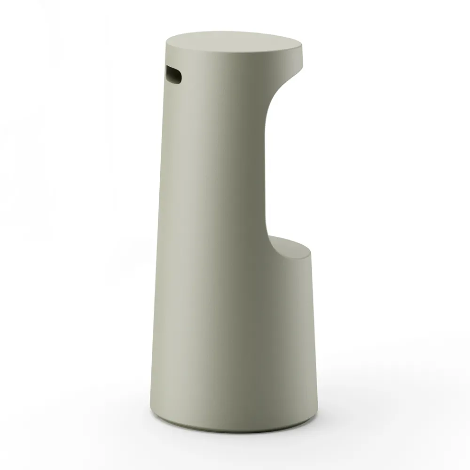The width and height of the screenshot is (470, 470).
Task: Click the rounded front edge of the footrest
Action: tap(308, 256)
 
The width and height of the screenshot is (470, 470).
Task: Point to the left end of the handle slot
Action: tap(166, 73)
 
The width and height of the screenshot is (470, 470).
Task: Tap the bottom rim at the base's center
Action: tap(235, 431)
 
